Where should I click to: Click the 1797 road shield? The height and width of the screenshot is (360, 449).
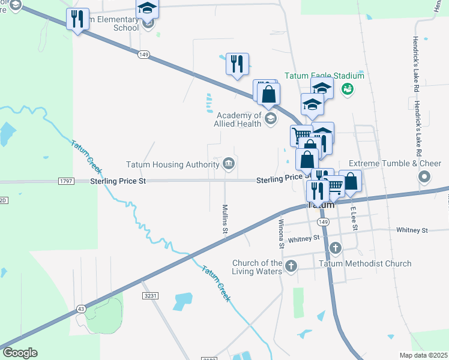(x=66, y=181)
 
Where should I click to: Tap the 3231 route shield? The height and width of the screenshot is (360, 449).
(x=151, y=296)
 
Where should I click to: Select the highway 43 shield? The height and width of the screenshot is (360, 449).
(x=80, y=308)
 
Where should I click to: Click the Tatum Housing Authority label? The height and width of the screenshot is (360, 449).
(x=172, y=164)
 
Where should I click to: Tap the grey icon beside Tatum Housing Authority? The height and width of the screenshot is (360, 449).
(x=229, y=164)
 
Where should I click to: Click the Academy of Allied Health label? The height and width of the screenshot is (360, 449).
(x=239, y=119)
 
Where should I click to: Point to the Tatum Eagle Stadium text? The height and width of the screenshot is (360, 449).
(x=324, y=76)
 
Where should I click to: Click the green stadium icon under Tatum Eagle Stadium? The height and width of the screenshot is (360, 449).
(x=346, y=89)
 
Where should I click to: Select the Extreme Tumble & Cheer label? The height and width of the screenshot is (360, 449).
(x=395, y=164)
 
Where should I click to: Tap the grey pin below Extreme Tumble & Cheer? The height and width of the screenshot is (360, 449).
(x=424, y=177)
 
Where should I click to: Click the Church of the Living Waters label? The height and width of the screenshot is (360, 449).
(x=258, y=267)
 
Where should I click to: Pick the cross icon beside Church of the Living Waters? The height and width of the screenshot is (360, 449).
(x=291, y=266)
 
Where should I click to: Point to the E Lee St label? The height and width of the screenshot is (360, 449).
(x=354, y=218)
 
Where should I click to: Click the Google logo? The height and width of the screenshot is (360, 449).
(x=20, y=353)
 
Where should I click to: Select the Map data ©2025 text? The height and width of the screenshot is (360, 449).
(x=423, y=355)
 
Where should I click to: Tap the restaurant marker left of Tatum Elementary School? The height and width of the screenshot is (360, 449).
(x=77, y=19)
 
